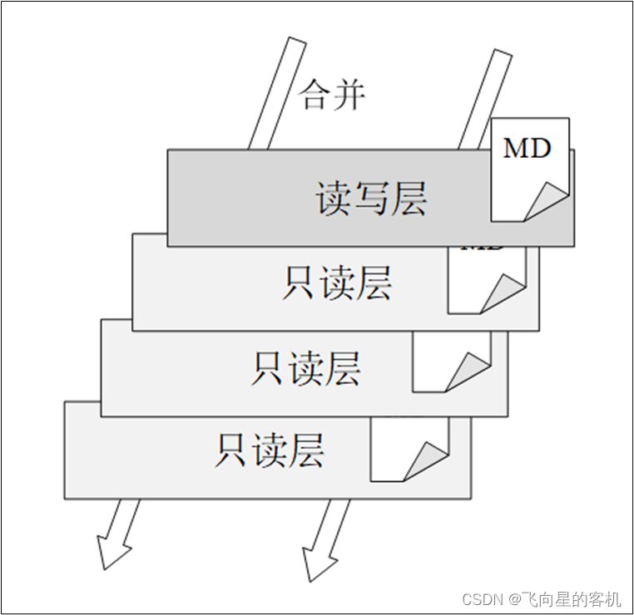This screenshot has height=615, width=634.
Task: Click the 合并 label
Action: point(333,95)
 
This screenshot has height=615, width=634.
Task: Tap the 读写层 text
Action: point(371,199)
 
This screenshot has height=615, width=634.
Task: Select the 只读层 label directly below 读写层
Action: point(336,283)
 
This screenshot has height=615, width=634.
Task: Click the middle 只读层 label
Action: point(305,367)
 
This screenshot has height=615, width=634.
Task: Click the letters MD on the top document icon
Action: point(528,149)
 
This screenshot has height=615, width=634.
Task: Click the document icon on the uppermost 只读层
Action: point(487,283)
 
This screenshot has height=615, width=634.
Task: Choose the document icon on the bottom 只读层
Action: point(408,450)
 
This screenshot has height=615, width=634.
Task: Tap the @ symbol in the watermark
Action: point(515,598)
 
